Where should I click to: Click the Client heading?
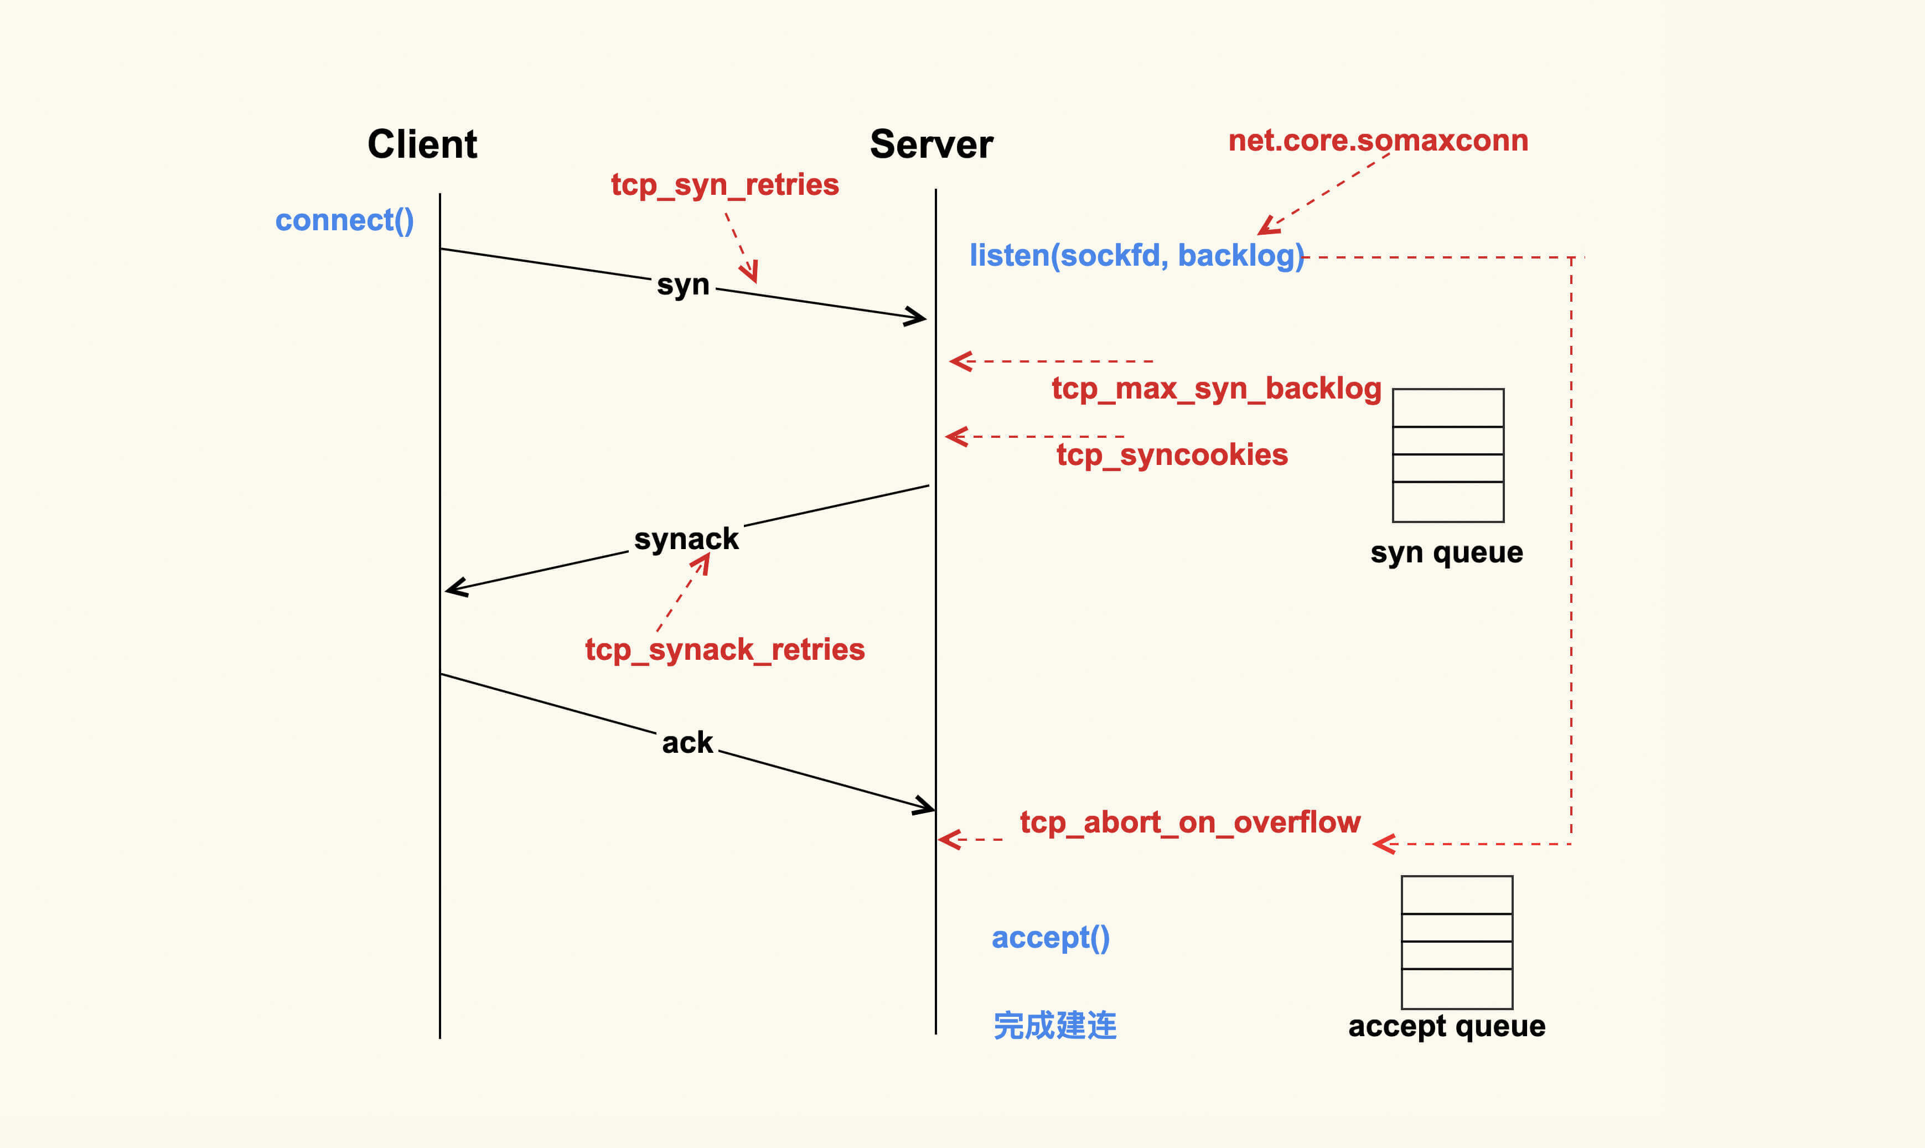point(422,144)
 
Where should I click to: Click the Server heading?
point(931,144)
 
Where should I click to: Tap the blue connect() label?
point(345,220)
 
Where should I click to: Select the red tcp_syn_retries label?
point(725,185)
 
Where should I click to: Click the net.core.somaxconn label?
point(1378,141)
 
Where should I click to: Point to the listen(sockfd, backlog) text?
point(1136,255)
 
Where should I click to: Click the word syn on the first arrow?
point(683,285)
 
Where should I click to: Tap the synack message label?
point(686,539)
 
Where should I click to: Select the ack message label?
point(687,743)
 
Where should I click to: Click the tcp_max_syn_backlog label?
point(1216,389)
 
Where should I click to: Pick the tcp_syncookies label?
point(1172,455)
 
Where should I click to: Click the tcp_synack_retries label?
point(725,650)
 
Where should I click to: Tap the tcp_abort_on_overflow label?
point(1189,823)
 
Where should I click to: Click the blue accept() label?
point(1051,938)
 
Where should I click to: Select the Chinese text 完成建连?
point(1055,1026)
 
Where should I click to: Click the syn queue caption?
point(1446,552)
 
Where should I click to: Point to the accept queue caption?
point(1446,1026)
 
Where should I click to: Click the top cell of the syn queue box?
point(1448,408)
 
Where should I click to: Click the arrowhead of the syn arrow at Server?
point(918,317)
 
